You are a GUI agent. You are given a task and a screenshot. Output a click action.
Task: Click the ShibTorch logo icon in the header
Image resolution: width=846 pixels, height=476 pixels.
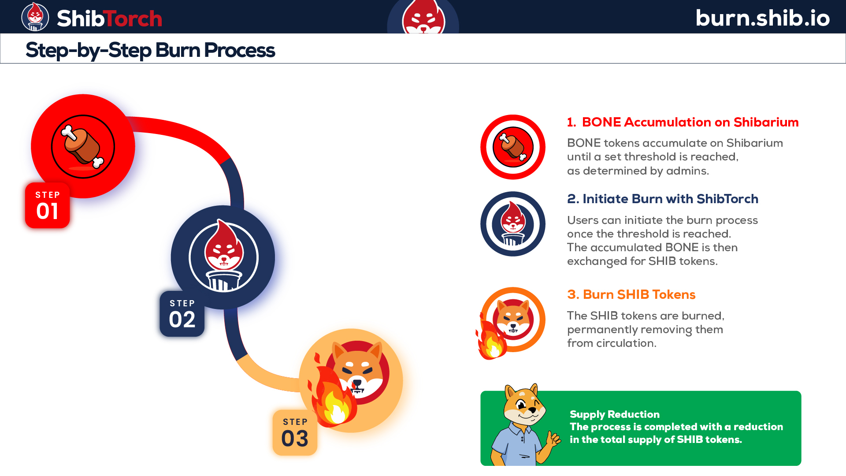tap(35, 17)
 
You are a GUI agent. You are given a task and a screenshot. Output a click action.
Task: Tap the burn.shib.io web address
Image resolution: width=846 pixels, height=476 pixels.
tap(763, 18)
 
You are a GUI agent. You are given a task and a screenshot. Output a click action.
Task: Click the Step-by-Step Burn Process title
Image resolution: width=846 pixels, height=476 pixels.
tap(150, 50)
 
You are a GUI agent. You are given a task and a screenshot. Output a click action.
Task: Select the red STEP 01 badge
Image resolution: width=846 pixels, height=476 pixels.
tap(48, 205)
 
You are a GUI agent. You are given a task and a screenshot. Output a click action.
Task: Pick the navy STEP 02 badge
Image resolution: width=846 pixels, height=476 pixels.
tap(182, 314)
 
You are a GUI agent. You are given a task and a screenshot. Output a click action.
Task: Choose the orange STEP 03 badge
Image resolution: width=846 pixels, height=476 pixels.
tap(295, 433)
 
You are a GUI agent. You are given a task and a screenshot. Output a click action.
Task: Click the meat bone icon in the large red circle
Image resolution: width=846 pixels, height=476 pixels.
tap(83, 147)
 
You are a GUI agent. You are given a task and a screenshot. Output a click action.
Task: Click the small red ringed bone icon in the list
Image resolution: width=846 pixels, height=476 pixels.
tap(513, 147)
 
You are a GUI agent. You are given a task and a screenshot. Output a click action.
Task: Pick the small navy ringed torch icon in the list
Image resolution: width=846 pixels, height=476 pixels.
tap(513, 224)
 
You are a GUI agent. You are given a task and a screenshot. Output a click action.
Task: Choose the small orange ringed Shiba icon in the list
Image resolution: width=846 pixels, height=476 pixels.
tap(513, 320)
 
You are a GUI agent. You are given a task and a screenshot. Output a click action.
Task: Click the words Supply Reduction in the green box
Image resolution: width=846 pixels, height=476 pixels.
tap(615, 414)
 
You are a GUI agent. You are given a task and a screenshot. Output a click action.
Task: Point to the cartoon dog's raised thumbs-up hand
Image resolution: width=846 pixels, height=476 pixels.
tap(553, 439)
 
